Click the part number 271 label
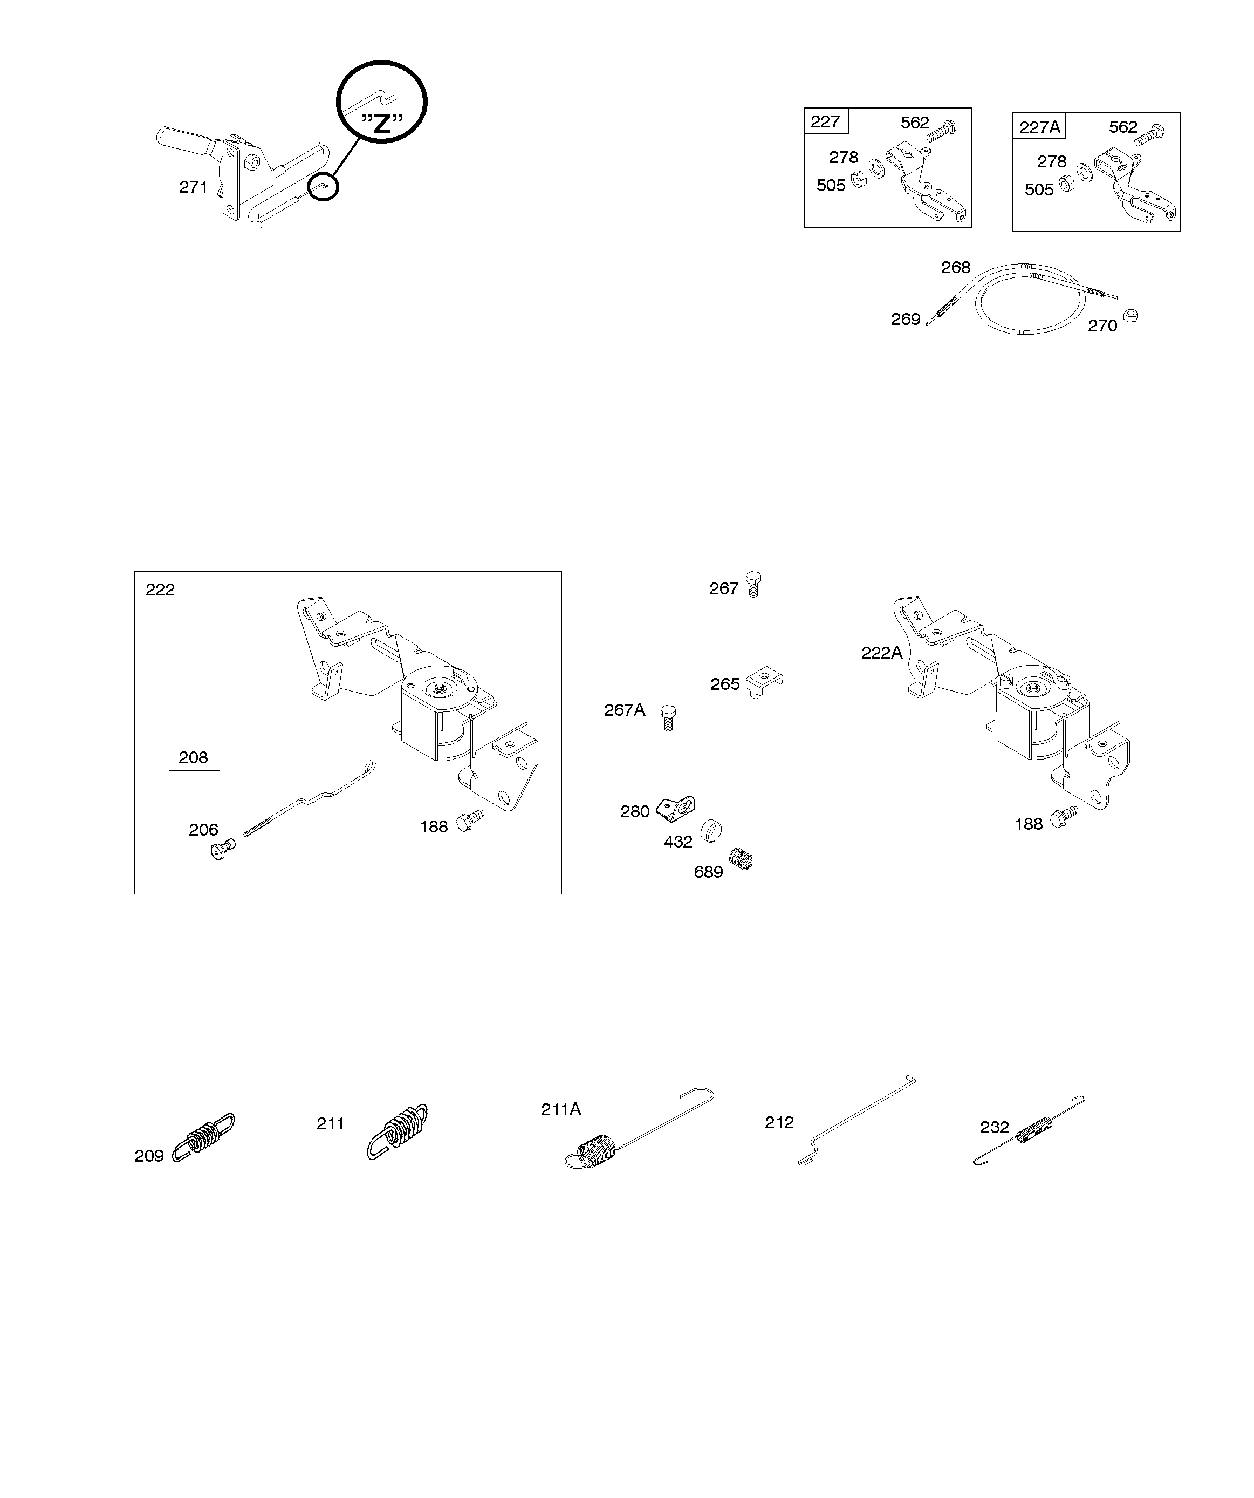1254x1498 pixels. pyautogui.click(x=193, y=187)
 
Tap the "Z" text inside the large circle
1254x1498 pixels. pyautogui.click(x=382, y=124)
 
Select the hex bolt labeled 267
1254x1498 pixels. pyautogui.click(x=753, y=584)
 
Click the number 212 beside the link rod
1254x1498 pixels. pyautogui.click(x=779, y=1123)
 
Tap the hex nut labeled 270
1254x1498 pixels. pyautogui.click(x=1130, y=315)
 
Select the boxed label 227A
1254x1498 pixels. pyautogui.click(x=1039, y=127)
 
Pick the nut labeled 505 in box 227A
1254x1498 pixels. pyautogui.click(x=1066, y=184)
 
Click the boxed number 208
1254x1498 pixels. pyautogui.click(x=193, y=757)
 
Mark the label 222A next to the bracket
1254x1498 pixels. pyautogui.click(x=881, y=652)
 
